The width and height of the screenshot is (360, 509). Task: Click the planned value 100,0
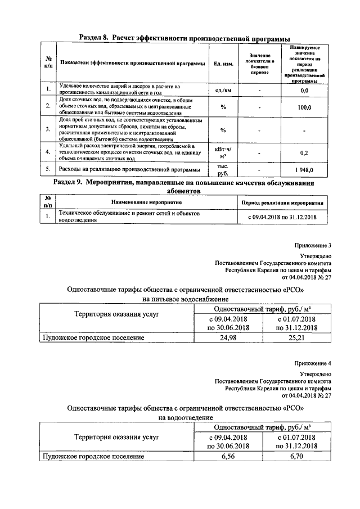point(304,107)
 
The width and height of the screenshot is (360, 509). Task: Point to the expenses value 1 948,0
point(304,170)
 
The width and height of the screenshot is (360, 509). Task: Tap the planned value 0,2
point(304,152)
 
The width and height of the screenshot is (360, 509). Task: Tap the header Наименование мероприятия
point(146,202)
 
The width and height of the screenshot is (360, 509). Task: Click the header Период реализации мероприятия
point(282,202)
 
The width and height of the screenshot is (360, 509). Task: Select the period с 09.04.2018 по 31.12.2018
point(282,217)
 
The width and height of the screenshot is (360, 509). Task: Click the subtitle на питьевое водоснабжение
point(186,300)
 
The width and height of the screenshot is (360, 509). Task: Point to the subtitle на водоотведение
point(186,418)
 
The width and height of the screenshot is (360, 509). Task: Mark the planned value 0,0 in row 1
point(304,90)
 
